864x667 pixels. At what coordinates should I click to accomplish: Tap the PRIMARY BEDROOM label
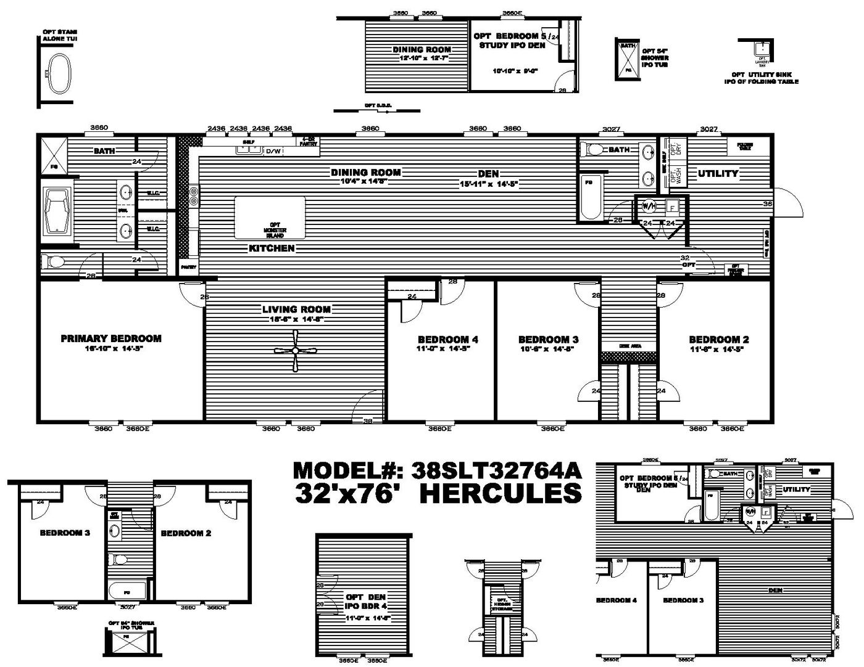(x=111, y=338)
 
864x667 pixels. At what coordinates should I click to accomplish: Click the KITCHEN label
(x=272, y=248)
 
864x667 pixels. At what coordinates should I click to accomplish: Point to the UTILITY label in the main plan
(x=718, y=174)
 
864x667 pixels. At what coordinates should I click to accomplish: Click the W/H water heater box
(x=649, y=205)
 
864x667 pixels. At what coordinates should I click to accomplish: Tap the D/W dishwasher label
(x=273, y=151)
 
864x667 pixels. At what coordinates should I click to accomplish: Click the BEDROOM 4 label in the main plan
(x=447, y=340)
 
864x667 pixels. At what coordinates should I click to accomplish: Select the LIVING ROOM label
(x=296, y=309)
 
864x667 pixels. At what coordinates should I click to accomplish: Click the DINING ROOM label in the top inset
(x=422, y=49)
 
